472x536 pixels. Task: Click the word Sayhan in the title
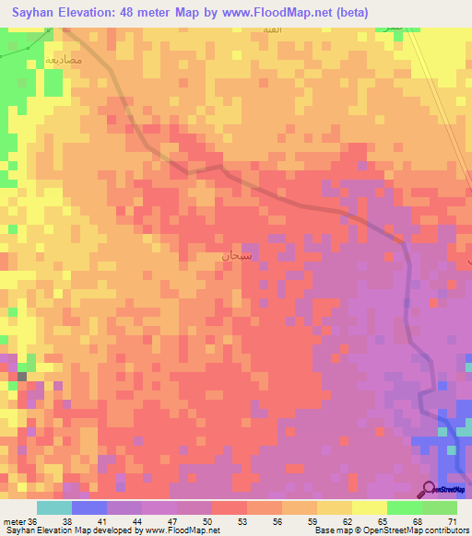[x=38, y=13]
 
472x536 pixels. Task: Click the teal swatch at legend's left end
[x=54, y=507]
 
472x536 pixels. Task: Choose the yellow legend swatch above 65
[x=369, y=507]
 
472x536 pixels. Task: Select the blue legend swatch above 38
[x=89, y=507]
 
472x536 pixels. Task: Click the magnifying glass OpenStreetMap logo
[x=430, y=488]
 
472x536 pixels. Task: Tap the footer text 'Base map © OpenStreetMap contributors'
[x=390, y=530]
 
